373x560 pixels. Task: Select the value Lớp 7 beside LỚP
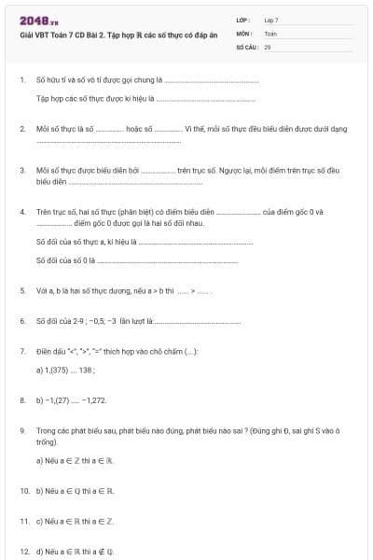(271, 20)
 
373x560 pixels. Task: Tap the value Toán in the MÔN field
(270, 33)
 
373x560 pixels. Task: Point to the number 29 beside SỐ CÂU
(268, 46)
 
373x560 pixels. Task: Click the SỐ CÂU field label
(246, 46)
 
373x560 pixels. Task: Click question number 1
(21, 80)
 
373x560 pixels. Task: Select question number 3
(21, 172)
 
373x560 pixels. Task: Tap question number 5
(21, 291)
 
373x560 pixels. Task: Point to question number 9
(21, 430)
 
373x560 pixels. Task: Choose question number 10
(23, 490)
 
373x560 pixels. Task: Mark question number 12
(23, 551)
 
